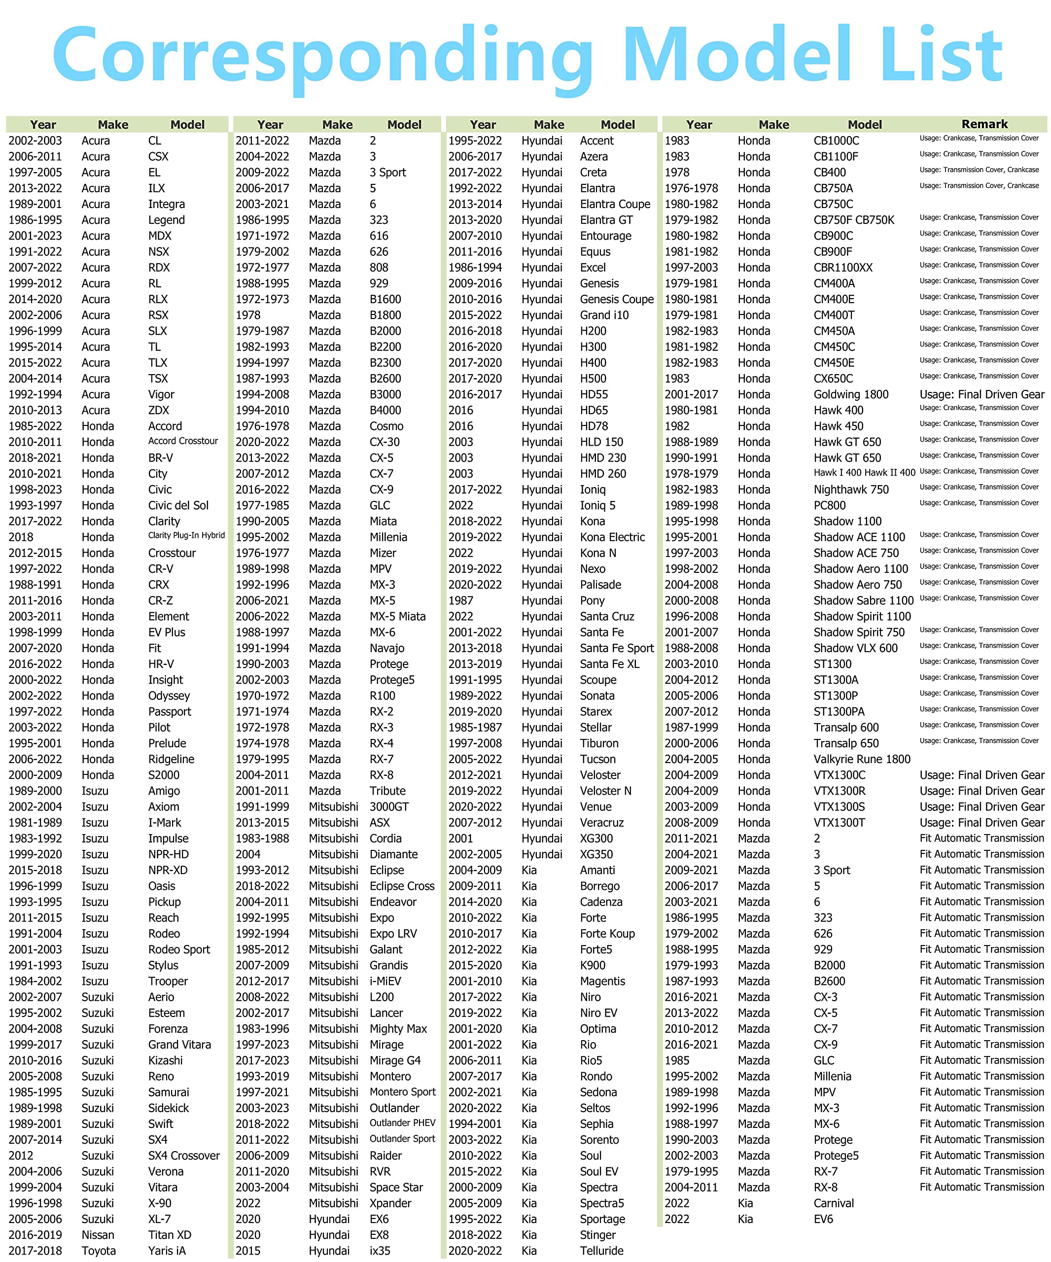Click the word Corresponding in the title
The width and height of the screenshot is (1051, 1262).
coord(321,55)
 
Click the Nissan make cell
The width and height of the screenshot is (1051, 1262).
coord(98,1234)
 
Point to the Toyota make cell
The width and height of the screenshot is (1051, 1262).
coord(99,1251)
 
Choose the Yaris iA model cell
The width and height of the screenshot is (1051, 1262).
coord(167,1251)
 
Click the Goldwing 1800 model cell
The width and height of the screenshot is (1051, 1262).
coord(850,394)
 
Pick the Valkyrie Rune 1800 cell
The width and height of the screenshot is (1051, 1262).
coord(862,759)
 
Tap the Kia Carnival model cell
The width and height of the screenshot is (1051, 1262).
coord(834,1203)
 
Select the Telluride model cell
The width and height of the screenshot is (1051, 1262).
coord(601,1251)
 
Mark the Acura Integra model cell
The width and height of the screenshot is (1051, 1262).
coord(167,204)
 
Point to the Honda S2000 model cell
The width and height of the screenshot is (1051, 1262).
coord(164,774)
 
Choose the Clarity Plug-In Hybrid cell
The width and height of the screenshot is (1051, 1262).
coord(186,535)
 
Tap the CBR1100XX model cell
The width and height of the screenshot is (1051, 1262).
coord(842,267)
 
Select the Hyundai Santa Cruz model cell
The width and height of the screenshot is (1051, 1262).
coord(607,616)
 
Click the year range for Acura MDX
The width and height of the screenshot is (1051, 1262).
coord(35,236)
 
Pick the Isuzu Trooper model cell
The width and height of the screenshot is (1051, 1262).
coord(168,981)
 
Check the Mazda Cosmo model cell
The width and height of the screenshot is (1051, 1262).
coord(386,426)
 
